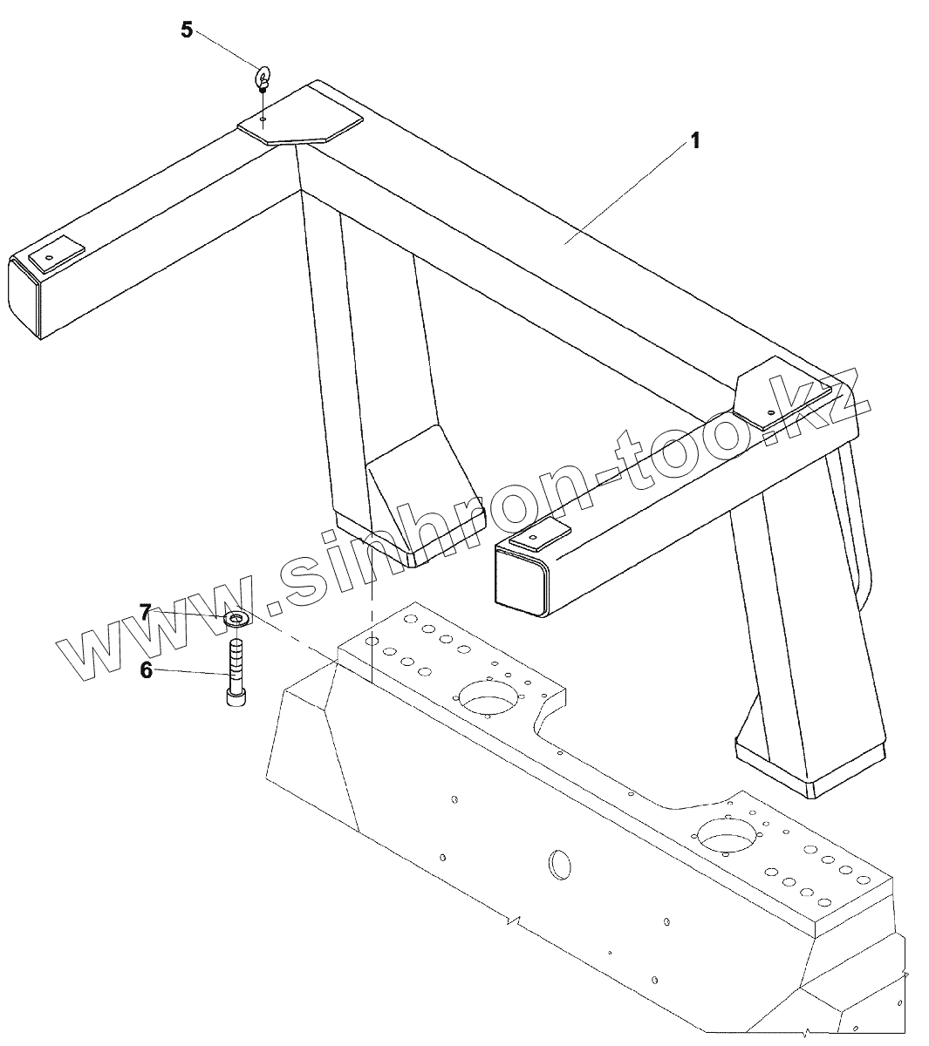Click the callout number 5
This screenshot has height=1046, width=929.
187,30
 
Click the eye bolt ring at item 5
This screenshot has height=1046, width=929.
263,75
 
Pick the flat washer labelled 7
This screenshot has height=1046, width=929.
236,619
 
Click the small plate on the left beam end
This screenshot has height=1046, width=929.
57,254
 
